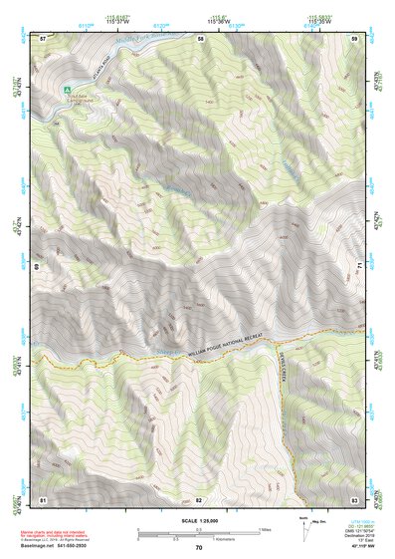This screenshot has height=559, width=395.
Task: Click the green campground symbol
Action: click(67, 89)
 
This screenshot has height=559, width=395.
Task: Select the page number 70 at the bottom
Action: click(199, 547)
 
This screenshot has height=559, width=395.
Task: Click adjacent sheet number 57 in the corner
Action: click(43, 38)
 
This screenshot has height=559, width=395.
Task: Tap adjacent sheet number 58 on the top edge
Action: click(201, 38)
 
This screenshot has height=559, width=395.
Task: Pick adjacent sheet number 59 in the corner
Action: click(354, 38)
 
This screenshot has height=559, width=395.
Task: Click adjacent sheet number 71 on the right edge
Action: click(359, 265)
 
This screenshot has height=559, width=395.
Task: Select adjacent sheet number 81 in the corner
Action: click(43, 498)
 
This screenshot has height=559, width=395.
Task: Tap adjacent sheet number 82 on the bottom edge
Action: click(199, 498)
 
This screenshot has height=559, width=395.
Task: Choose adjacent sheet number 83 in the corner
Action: click(354, 498)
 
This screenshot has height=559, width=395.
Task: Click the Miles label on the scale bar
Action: click(263, 528)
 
